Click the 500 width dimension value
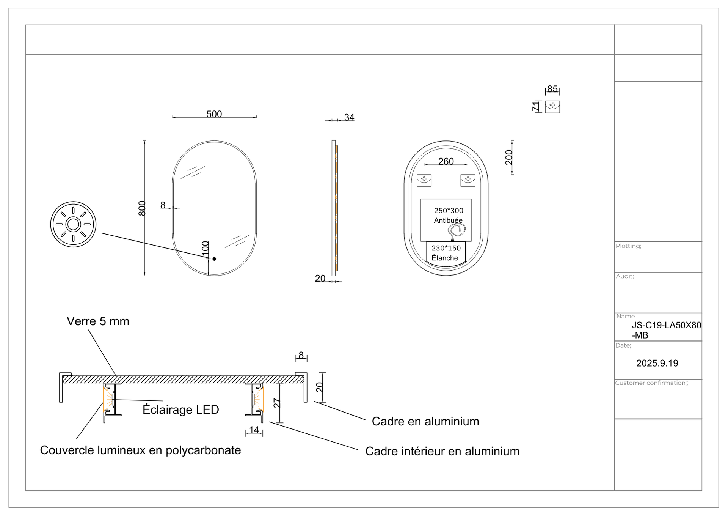[x=214, y=114]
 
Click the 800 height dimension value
[x=142, y=208]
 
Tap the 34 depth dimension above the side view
[x=349, y=117]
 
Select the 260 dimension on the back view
[x=446, y=161]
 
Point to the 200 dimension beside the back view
[x=509, y=157]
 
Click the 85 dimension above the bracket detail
[x=552, y=89]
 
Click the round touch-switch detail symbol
[x=73, y=224]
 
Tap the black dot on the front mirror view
[x=214, y=259]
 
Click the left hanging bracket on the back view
[x=424, y=180]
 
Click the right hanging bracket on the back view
[x=468, y=180]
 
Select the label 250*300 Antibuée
[x=448, y=215]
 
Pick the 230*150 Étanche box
[x=446, y=253]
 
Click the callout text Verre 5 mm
[x=98, y=321]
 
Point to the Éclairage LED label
[x=180, y=409]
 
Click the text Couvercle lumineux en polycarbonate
[x=140, y=450]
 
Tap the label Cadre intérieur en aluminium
[x=442, y=451]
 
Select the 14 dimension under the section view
[x=254, y=430]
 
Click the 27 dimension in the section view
[x=277, y=403]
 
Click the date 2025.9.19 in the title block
[x=657, y=363]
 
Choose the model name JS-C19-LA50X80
[x=666, y=325]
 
